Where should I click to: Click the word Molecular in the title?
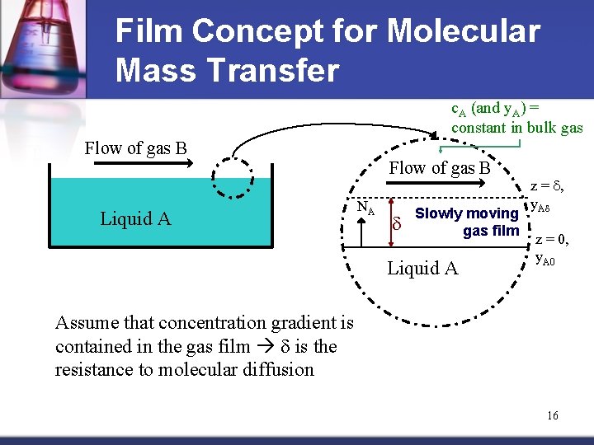pos(463,31)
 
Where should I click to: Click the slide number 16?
pos(552,415)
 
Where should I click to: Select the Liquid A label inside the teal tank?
pos(135,218)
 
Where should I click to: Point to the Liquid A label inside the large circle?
pos(422,268)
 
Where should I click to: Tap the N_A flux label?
pos(365,209)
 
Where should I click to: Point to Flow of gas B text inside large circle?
pos(440,169)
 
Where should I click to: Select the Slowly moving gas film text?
pos(467,222)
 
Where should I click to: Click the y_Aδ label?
pos(540,205)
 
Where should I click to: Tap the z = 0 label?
pos(550,240)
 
